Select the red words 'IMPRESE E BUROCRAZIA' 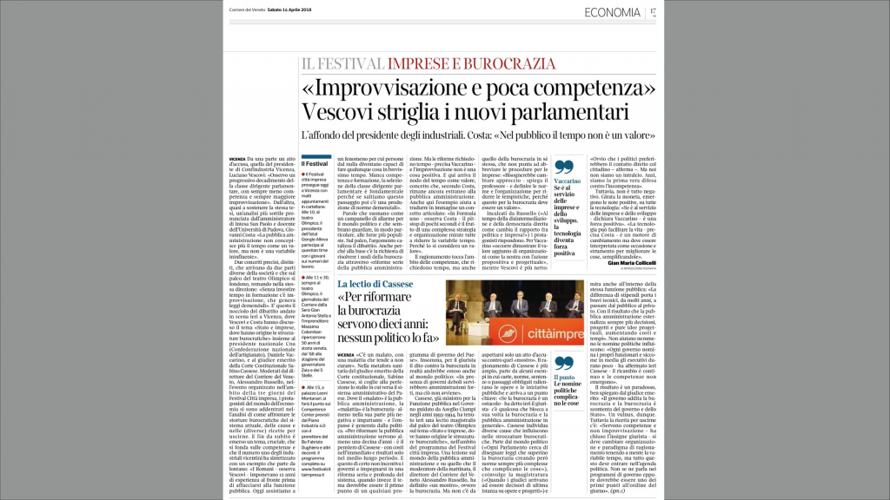[470, 63]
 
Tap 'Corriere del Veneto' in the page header [249, 10]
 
